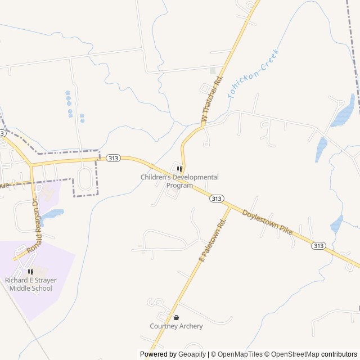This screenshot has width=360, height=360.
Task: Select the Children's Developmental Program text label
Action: (179, 181)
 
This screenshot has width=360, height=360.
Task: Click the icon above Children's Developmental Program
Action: (179, 169)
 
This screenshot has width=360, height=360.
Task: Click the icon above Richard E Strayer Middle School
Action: (30, 272)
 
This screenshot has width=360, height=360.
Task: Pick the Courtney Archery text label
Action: (176, 326)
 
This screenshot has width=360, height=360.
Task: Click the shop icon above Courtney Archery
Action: (176, 317)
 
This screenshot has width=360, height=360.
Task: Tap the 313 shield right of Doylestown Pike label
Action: (319, 245)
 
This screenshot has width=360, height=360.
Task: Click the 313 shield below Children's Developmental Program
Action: (216, 199)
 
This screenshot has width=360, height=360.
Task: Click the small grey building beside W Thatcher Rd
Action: (213, 71)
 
